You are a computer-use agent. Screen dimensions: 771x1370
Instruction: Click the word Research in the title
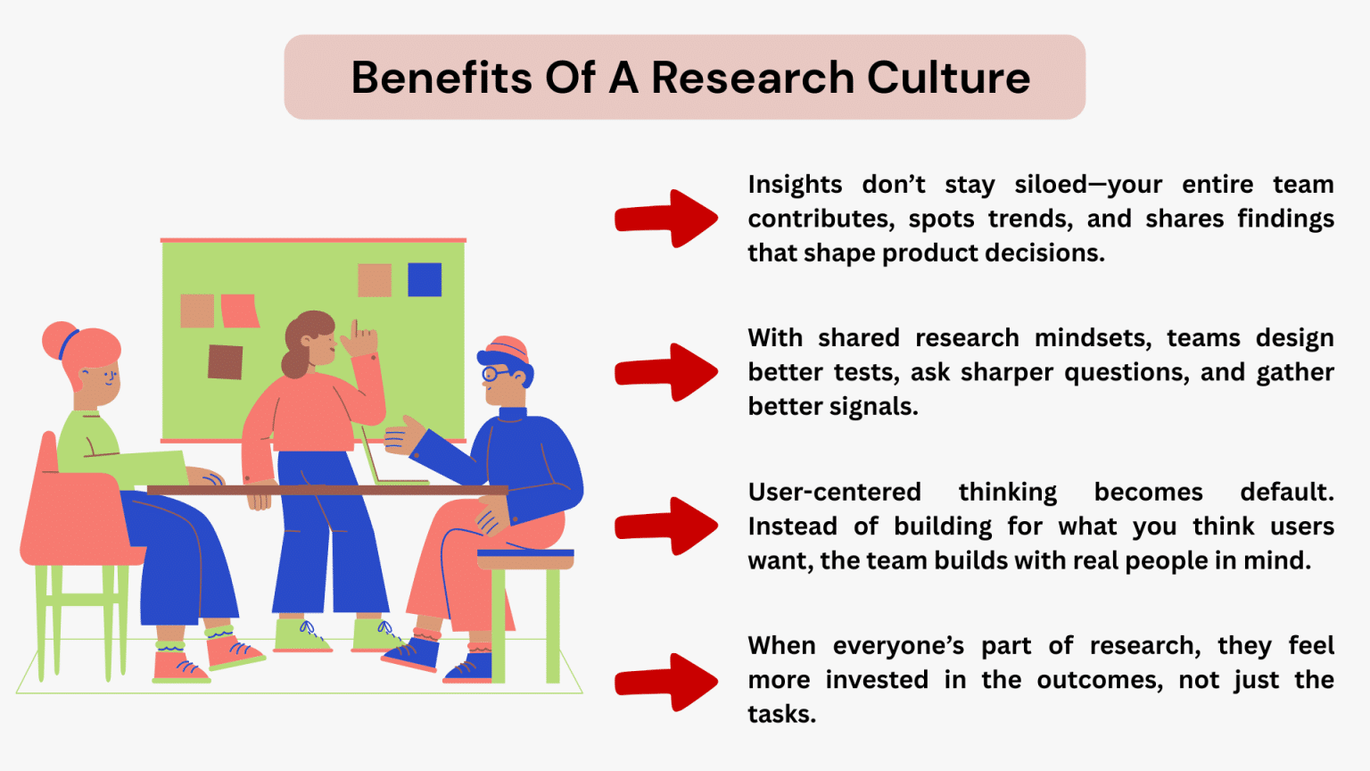[753, 78]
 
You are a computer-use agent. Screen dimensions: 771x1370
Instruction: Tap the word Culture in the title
[948, 78]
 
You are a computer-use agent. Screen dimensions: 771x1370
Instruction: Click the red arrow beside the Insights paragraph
[667, 218]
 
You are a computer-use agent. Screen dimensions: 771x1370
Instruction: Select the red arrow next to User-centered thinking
[667, 526]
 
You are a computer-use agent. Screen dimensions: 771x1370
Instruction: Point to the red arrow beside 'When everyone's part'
[667, 682]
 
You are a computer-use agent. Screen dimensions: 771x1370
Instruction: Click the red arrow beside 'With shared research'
[667, 371]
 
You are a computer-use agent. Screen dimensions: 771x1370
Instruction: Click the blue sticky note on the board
[425, 279]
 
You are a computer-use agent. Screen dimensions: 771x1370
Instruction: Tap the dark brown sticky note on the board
[226, 361]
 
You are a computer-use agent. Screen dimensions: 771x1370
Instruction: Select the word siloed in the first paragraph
[1050, 185]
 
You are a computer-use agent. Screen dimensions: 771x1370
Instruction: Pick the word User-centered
[835, 493]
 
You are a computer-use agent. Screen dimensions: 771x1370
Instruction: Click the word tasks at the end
[780, 714]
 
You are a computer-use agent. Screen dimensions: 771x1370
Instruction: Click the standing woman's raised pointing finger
[355, 328]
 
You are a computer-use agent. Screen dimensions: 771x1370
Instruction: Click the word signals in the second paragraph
[872, 407]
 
